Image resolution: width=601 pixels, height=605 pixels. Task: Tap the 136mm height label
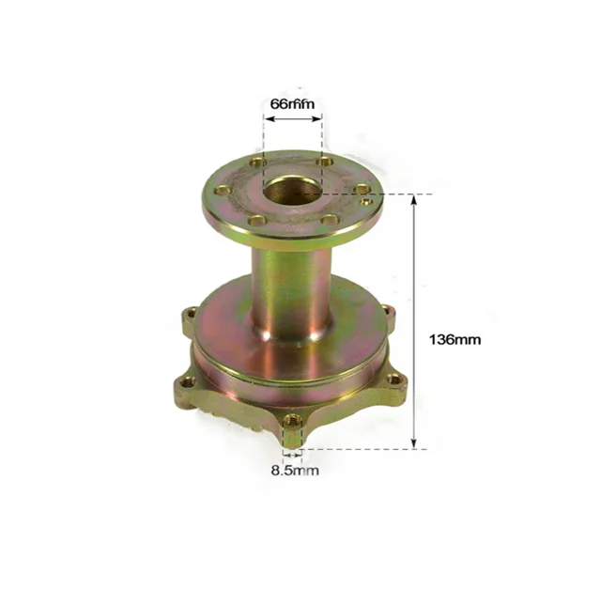click(454, 339)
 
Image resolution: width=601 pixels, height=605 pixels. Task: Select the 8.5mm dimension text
click(293, 470)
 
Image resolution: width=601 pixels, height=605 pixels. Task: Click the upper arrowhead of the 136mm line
click(414, 200)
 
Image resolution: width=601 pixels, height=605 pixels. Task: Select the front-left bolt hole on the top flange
click(254, 222)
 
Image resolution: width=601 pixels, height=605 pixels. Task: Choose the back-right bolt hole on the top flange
click(325, 163)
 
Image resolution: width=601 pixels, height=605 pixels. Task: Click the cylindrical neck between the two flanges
click(291, 291)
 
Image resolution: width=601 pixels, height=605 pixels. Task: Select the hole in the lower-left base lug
click(188, 382)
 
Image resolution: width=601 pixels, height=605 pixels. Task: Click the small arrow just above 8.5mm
click(293, 452)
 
